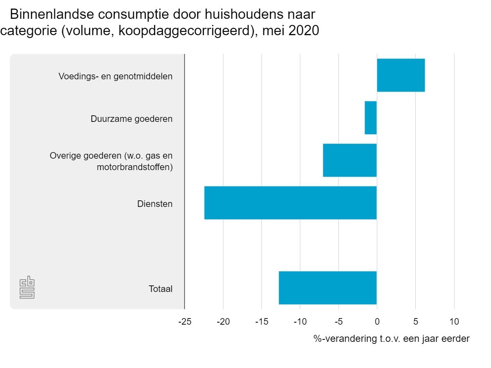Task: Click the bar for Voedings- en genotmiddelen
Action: pos(401,75)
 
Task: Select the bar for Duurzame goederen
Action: pos(371,118)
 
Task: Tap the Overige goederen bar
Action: pos(350,160)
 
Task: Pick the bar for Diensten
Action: pos(291,203)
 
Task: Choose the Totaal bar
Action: pos(328,288)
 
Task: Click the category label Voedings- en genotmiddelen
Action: pos(115,76)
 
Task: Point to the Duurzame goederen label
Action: pos(131,119)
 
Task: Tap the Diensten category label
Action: pos(155,204)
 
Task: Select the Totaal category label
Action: pos(160,289)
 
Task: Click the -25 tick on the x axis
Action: pos(185,321)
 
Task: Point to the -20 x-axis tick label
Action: pos(223,321)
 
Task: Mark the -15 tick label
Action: pos(261,321)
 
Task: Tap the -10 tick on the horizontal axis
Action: pos(300,321)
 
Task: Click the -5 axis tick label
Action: pos(338,321)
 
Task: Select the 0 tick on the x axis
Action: pos(377,321)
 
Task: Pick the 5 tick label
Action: pos(415,321)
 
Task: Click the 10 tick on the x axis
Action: pos(454,321)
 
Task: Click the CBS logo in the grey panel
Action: pos(27,288)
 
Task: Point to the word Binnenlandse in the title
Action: pos(51,15)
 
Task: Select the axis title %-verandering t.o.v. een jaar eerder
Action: pos(392,339)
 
